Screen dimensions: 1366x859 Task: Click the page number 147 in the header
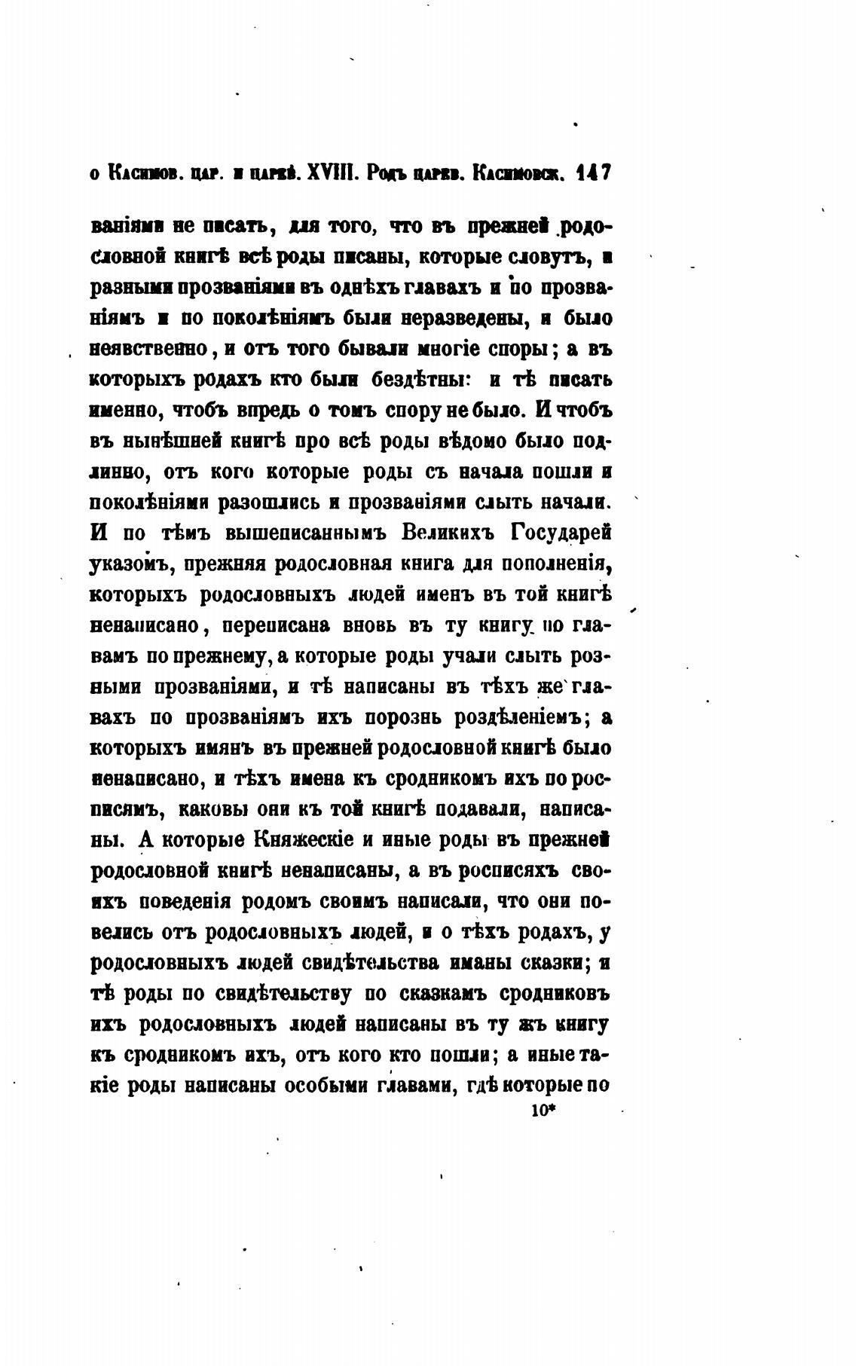pos(593,173)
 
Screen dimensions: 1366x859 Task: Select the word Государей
pos(561,533)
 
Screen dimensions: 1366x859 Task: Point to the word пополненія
pos(554,564)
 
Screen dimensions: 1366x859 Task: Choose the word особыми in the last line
pos(319,1086)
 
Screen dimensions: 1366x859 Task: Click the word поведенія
pos(192,901)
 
